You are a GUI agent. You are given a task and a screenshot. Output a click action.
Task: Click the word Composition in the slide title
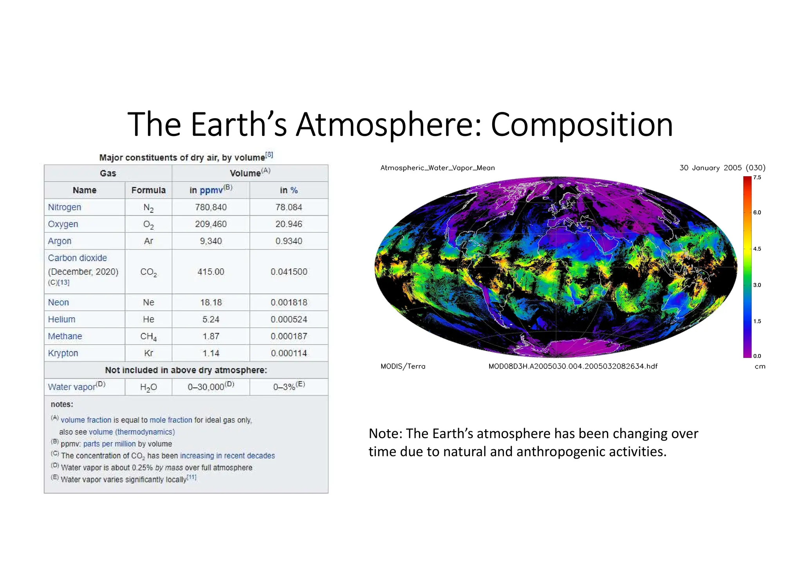point(582,125)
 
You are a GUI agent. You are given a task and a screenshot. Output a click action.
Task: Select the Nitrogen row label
point(65,207)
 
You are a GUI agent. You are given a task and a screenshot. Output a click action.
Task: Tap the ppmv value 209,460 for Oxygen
point(211,224)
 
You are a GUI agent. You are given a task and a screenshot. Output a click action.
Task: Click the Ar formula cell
point(148,241)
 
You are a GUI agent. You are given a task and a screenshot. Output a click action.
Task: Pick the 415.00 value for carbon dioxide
point(211,272)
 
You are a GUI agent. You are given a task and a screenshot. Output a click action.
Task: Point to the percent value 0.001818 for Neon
point(289,302)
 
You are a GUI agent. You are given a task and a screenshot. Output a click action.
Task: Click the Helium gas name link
point(61,319)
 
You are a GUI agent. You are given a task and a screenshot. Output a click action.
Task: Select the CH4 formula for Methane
point(148,336)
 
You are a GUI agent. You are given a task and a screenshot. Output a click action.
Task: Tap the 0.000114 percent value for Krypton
point(289,353)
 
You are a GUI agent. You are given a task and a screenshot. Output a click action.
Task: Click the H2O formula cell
point(148,387)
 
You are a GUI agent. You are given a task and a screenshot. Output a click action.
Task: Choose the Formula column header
point(148,190)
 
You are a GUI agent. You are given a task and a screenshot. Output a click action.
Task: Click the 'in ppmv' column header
point(211,190)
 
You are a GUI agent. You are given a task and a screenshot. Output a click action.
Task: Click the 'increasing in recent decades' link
point(227,456)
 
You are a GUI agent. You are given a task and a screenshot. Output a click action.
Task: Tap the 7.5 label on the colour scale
point(757,177)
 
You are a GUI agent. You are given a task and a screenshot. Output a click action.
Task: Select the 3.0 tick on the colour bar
point(757,285)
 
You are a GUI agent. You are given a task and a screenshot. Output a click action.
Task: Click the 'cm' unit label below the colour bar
point(760,367)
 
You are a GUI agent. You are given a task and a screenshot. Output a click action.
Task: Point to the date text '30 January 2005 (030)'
point(722,168)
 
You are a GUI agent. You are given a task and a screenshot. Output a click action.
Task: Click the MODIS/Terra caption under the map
point(403,367)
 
